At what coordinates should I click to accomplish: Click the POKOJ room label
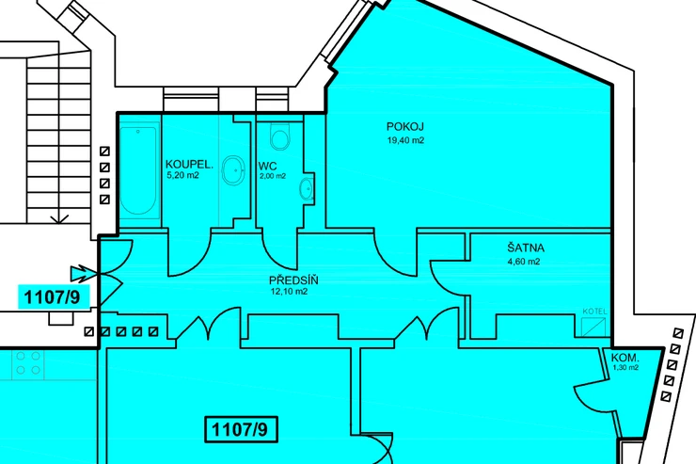click(x=404, y=127)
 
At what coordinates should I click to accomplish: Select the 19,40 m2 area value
click(x=405, y=141)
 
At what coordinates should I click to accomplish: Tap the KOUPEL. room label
click(x=189, y=165)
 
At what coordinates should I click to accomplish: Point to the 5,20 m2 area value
click(x=182, y=175)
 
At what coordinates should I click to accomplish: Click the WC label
click(x=268, y=167)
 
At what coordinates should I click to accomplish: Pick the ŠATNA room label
click(x=526, y=248)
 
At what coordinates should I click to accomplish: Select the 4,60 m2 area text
click(x=524, y=262)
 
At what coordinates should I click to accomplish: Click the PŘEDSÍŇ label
click(x=293, y=280)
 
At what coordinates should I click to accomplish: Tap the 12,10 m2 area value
click(x=289, y=292)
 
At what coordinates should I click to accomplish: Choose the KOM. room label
click(x=625, y=358)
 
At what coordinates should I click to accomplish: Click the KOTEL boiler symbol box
click(x=593, y=327)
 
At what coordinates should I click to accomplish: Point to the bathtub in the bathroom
click(x=138, y=171)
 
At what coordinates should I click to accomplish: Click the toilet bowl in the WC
click(x=279, y=136)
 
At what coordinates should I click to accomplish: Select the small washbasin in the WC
click(x=307, y=189)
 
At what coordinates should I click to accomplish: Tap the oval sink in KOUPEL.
click(x=233, y=170)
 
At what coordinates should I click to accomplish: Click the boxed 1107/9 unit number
click(x=241, y=429)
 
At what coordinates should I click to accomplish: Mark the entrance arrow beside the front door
click(x=83, y=274)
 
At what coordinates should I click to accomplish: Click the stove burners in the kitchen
click(x=28, y=363)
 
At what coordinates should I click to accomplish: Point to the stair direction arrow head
click(x=59, y=218)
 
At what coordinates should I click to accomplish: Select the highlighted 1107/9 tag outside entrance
click(x=54, y=297)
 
